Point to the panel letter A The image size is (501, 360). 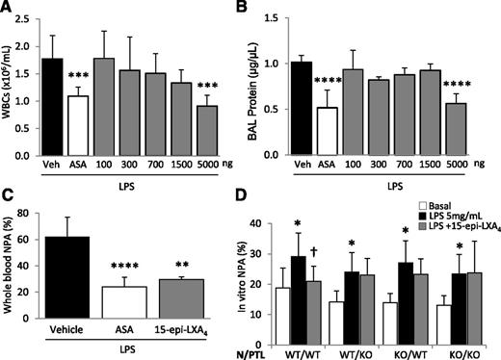[x=9, y=9]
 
